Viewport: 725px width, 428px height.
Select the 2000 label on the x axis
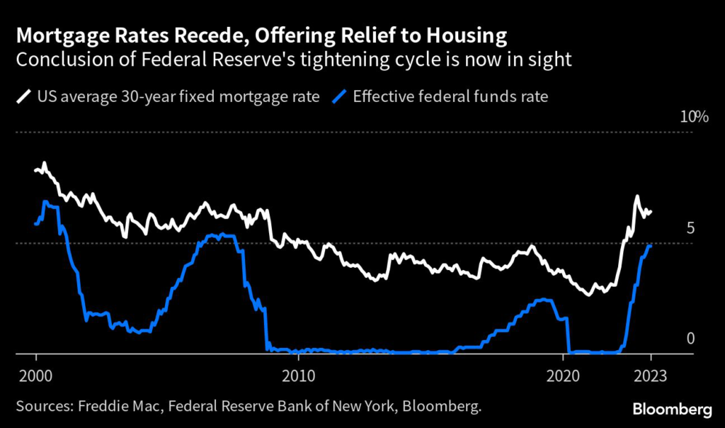(x=35, y=376)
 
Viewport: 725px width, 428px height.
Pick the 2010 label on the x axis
(x=298, y=376)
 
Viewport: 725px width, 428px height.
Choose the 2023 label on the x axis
(x=651, y=376)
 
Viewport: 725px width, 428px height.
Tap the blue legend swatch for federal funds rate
(x=341, y=96)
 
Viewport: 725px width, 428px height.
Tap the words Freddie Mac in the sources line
(x=108, y=406)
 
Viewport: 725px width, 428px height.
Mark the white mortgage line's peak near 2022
(x=637, y=196)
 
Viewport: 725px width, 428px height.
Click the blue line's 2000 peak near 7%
(x=45, y=202)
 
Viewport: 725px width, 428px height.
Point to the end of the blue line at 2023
(x=651, y=244)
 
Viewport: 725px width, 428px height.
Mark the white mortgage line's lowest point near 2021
(x=589, y=294)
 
